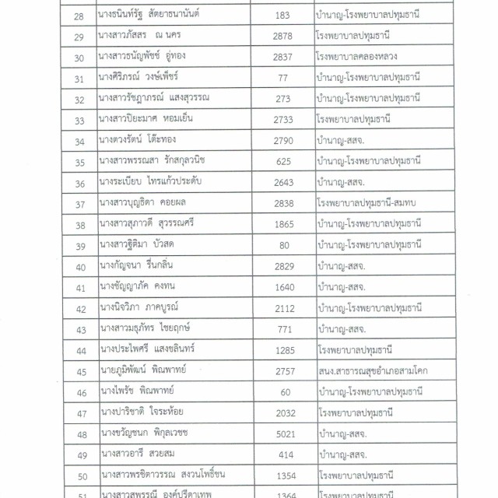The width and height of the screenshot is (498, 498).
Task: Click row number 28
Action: [77, 16]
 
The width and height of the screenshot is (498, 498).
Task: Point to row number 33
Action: [77, 120]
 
